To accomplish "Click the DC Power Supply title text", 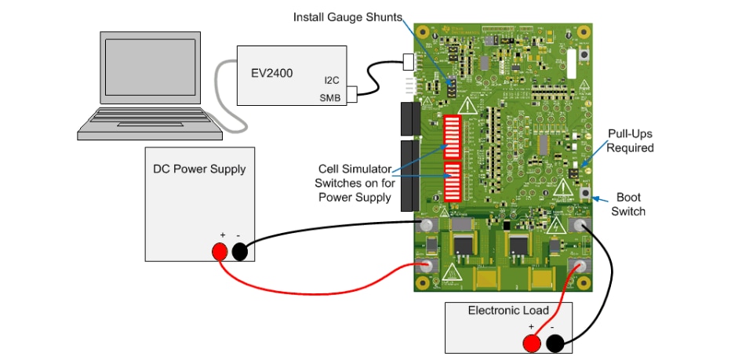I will [199, 169].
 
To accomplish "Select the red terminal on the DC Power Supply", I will [219, 251].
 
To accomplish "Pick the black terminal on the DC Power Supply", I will [240, 251].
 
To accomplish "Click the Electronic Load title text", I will [508, 311].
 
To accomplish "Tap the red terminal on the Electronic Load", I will [532, 343].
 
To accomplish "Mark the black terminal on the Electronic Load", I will [555, 343].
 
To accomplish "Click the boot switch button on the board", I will [584, 192].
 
